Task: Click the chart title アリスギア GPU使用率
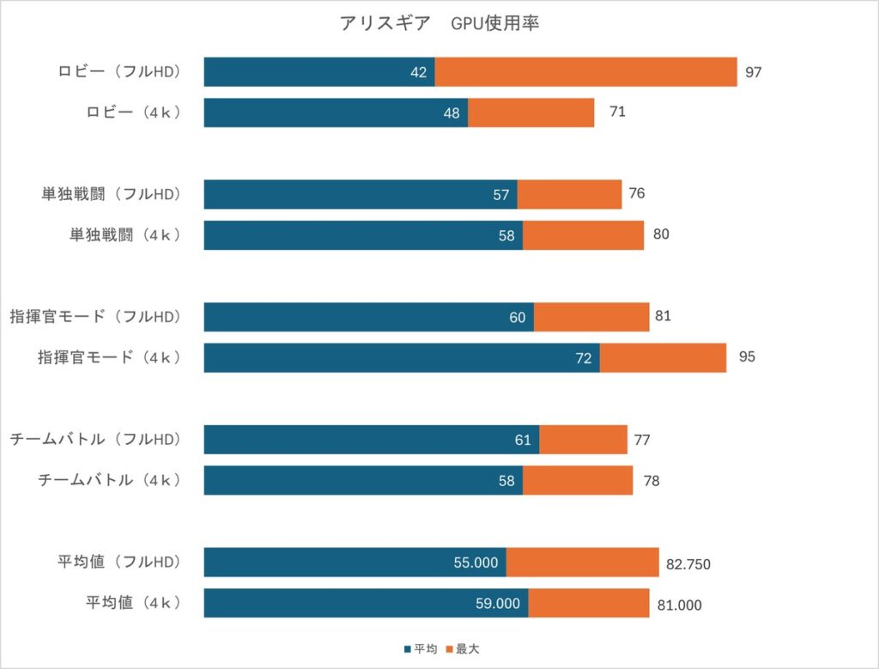coord(439,24)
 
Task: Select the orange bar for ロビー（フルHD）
coord(585,72)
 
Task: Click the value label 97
coord(754,72)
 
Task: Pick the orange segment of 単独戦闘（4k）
coord(583,235)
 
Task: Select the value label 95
coord(747,356)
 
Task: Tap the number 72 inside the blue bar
coord(584,358)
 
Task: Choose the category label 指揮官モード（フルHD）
coord(96,317)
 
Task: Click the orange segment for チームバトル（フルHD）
coord(583,440)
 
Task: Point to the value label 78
coord(652,481)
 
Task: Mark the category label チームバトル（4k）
coord(110,480)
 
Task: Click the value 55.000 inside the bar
coord(476,563)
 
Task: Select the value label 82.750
coord(688,564)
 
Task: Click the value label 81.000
coord(678,605)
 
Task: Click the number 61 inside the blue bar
coord(524,441)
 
